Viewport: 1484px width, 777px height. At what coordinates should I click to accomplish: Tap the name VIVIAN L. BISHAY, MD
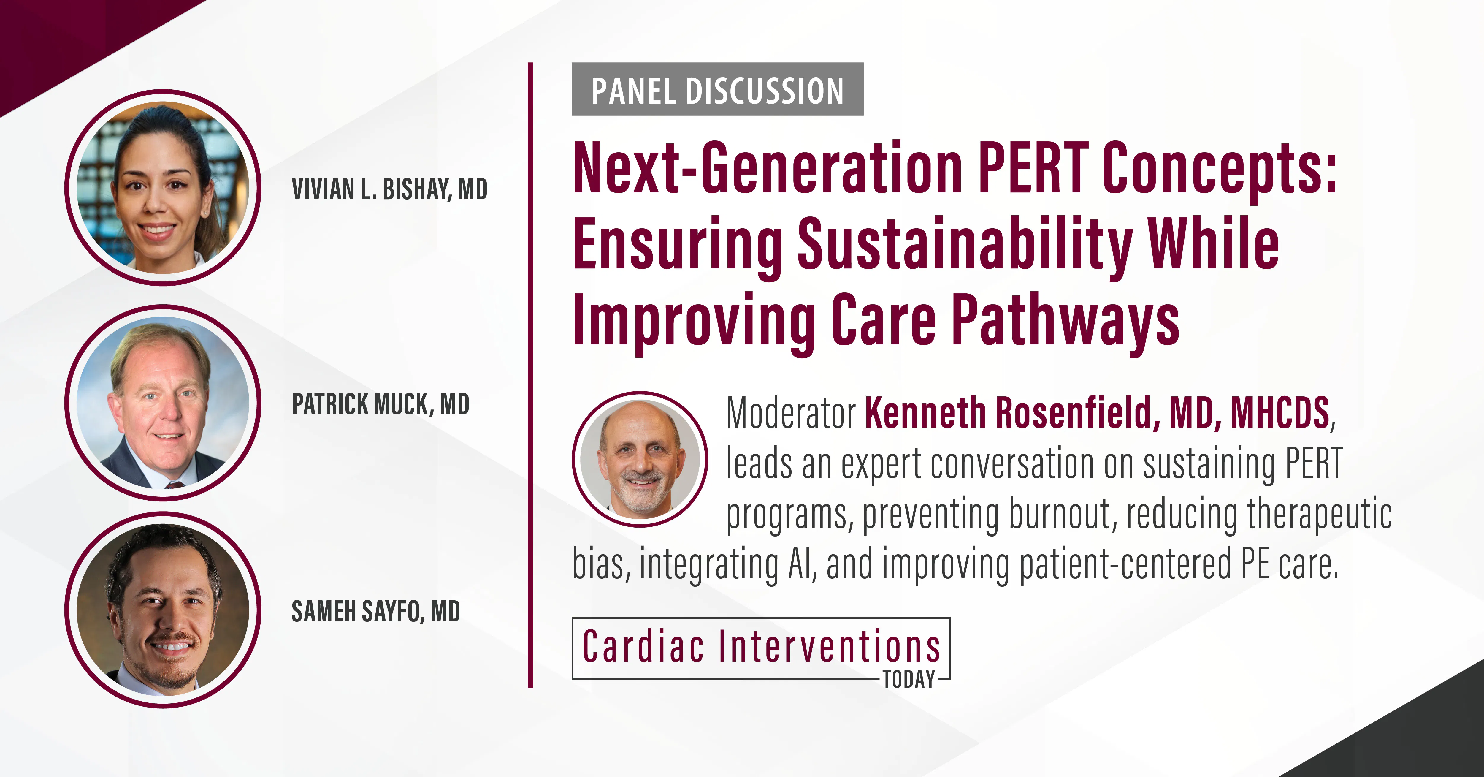pos(389,189)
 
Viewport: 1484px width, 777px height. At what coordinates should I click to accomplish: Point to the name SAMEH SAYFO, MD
pos(376,612)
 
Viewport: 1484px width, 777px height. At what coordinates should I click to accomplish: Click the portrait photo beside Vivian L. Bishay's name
pos(163,187)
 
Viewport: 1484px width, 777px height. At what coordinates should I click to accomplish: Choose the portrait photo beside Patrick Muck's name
pos(163,402)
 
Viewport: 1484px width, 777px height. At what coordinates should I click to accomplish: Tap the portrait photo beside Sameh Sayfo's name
pos(163,610)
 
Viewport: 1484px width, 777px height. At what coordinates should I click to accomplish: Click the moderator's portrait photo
pos(640,459)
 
